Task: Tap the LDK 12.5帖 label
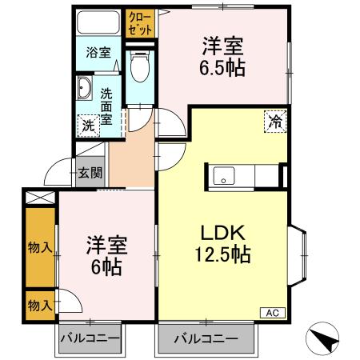(x=221, y=244)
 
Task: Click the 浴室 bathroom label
(x=98, y=54)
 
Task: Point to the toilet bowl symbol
(x=138, y=69)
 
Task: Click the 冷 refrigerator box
(x=274, y=122)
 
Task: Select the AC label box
(x=271, y=313)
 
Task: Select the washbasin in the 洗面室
(x=86, y=90)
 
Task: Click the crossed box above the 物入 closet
(x=38, y=197)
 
